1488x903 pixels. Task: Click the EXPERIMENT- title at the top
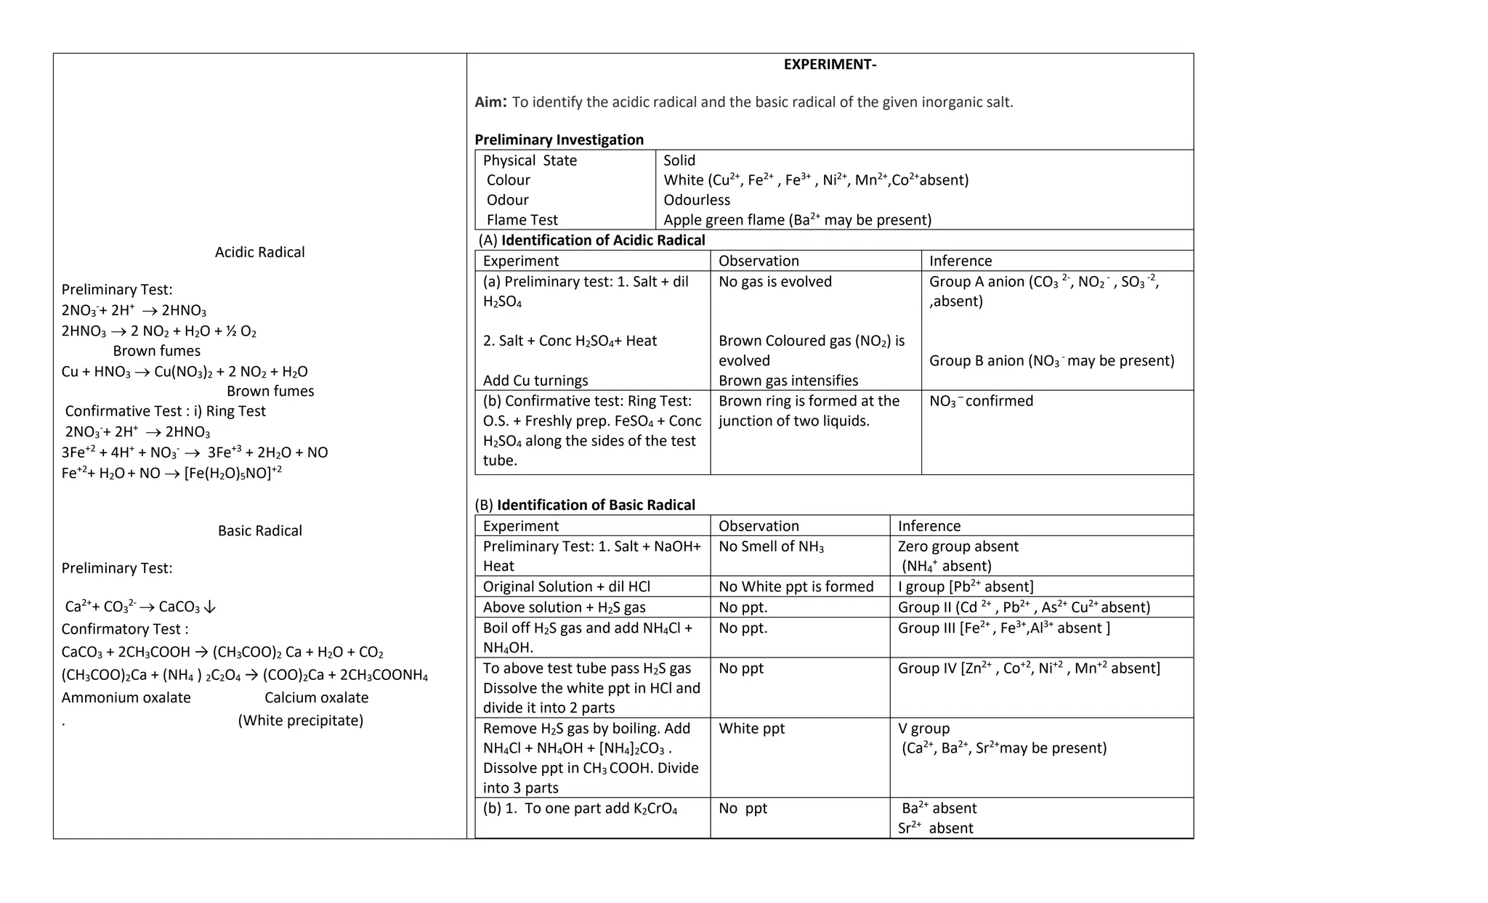point(830,65)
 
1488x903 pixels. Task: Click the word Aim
point(490,102)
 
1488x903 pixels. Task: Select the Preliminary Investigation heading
point(559,139)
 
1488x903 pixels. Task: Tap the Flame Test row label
point(522,219)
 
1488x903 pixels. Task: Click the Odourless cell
point(696,200)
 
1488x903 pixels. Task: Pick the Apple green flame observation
point(797,219)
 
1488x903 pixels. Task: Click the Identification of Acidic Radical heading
point(602,240)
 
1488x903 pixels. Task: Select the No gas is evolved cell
point(775,282)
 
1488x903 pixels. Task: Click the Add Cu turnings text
point(535,381)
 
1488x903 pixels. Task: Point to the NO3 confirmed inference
point(980,401)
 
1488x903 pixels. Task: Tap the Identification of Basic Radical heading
point(595,505)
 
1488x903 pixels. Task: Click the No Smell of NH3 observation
point(771,546)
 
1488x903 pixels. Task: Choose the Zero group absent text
point(958,546)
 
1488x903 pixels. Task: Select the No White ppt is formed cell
point(796,586)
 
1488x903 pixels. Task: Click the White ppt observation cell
point(751,728)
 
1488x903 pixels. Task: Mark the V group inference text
point(923,728)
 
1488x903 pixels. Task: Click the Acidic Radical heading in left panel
point(259,252)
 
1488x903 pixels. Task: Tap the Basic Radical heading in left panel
point(259,530)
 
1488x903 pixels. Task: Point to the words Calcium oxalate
point(316,697)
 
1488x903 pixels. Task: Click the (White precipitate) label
point(300,721)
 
